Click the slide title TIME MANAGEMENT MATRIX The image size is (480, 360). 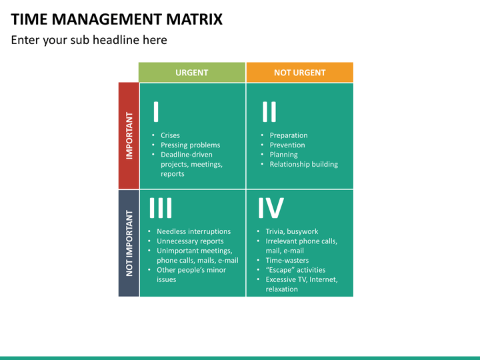[x=117, y=19]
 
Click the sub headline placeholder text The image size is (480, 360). [x=89, y=40]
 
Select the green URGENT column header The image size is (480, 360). [x=192, y=73]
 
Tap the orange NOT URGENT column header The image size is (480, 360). [x=300, y=73]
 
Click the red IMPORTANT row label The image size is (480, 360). [x=129, y=135]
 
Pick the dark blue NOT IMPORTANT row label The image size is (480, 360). [x=129, y=243]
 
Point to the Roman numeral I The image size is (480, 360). [x=156, y=112]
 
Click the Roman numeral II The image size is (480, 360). [x=269, y=112]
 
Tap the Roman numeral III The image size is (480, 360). [x=161, y=208]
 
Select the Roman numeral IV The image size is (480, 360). [x=271, y=208]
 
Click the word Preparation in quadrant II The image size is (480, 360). [x=289, y=135]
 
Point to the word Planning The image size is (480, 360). [x=283, y=155]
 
